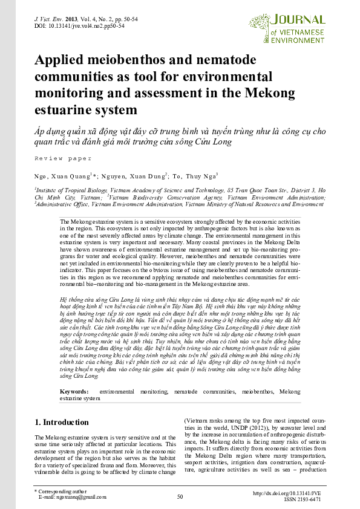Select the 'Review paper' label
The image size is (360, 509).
point(63,158)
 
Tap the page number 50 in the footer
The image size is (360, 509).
point(180,497)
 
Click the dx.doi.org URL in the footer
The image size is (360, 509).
point(289,493)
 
